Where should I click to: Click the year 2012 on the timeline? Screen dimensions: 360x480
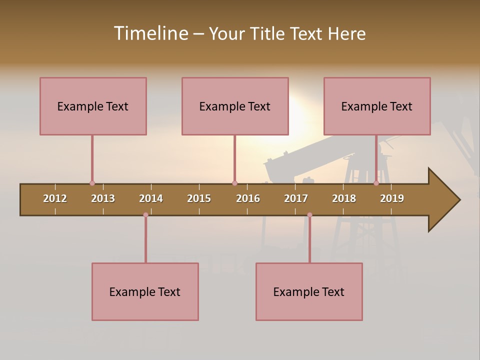click(x=55, y=198)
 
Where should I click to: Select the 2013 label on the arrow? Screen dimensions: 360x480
click(x=103, y=198)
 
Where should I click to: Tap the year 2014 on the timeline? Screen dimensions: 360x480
click(x=151, y=198)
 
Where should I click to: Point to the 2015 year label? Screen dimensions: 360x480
click(x=199, y=198)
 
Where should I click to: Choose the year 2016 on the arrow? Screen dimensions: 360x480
click(x=248, y=198)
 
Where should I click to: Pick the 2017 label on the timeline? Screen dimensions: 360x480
click(x=296, y=198)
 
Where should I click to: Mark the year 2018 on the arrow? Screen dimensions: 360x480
click(x=344, y=198)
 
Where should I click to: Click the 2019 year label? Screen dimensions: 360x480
click(x=392, y=198)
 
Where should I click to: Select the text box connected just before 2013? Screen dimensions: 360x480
click(x=93, y=106)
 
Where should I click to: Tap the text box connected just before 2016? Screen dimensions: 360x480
click(x=235, y=106)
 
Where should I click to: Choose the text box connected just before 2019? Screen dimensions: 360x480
click(x=377, y=106)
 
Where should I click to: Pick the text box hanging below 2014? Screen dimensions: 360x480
click(x=145, y=291)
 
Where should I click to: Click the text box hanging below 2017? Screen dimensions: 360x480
click(x=309, y=291)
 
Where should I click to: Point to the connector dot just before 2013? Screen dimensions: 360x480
click(x=92, y=183)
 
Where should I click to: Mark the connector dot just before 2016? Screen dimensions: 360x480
click(x=234, y=183)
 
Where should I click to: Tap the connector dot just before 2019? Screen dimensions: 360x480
click(x=376, y=183)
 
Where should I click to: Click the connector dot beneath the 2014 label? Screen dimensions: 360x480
click(x=145, y=215)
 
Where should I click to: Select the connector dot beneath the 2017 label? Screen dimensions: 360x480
click(x=309, y=215)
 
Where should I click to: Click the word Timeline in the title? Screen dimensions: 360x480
click(x=150, y=33)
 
